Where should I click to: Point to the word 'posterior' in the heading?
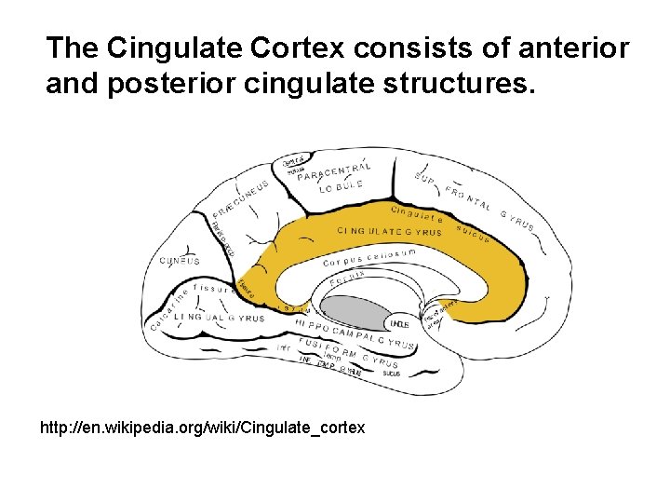[x=168, y=86]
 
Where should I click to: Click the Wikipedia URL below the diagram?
[x=203, y=428]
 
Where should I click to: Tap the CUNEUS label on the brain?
[x=179, y=262]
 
